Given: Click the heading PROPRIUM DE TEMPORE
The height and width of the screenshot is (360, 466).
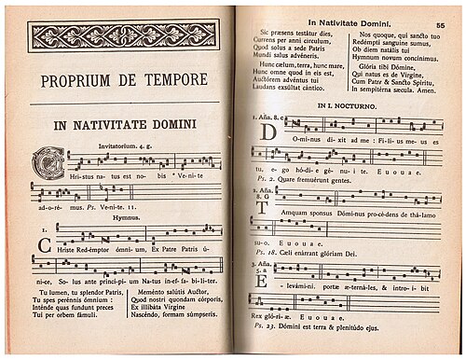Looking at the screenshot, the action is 124,80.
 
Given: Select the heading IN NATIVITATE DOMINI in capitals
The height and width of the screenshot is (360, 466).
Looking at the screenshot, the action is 124,123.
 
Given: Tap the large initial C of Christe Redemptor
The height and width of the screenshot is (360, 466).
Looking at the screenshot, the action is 43,247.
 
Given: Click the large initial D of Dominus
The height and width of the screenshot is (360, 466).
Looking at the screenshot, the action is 267,133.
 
